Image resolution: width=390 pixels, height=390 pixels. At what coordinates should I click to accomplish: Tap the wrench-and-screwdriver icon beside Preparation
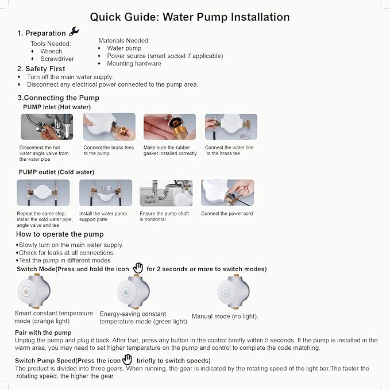coord(74,32)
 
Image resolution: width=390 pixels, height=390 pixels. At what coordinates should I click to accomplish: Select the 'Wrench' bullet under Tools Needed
coord(51,51)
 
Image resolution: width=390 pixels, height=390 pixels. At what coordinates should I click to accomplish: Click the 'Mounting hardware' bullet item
coord(134,64)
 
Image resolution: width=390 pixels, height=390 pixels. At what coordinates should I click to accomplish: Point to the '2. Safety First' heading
coord(41,69)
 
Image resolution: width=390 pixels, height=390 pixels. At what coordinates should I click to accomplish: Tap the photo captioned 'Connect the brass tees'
coord(109,126)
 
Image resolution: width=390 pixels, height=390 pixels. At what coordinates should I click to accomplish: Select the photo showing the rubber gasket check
coord(169,126)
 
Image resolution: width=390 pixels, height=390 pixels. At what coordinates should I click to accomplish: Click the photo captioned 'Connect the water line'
coord(231,126)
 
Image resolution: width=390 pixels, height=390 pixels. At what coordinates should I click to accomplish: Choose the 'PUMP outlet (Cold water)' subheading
coord(56,172)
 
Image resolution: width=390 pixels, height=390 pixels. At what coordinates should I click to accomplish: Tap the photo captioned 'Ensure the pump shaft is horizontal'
coord(166,193)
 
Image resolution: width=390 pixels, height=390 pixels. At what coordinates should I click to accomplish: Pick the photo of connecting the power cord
coord(227,193)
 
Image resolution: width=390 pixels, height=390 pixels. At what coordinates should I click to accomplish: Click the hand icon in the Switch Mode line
coord(138,268)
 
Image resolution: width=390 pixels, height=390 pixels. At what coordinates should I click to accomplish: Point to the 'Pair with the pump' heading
coord(43,333)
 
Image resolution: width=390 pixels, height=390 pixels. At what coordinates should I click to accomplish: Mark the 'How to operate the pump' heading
coord(60,234)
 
